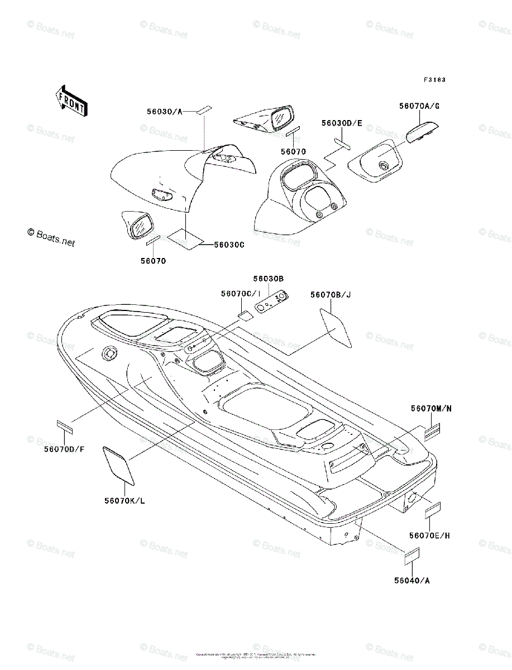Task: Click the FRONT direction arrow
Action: tap(70, 100)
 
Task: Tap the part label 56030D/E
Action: tap(342, 122)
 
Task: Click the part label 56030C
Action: tap(229, 244)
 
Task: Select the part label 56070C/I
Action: tap(241, 294)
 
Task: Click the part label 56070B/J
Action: tap(331, 295)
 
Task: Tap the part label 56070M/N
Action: tap(431, 409)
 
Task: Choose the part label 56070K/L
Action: tap(125, 500)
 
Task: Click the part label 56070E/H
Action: tap(429, 535)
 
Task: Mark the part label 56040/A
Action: tap(413, 580)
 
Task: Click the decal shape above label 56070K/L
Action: tap(119, 465)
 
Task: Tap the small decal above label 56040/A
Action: tap(412, 556)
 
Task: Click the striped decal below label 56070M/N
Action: tap(432, 431)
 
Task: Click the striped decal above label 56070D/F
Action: tap(65, 426)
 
